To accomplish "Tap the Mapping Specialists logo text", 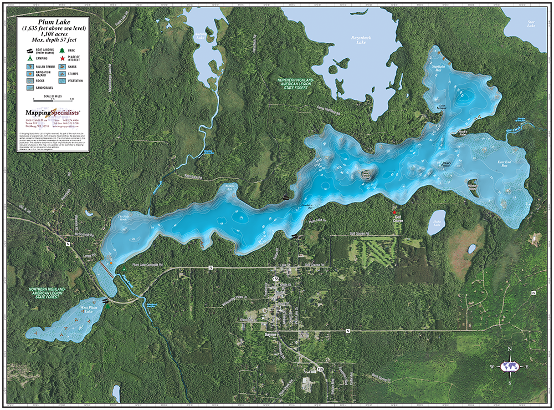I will coord(53,112).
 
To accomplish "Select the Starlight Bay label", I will coord(439,68).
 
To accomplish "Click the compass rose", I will coord(510,366).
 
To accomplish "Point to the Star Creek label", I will coord(514,131).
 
